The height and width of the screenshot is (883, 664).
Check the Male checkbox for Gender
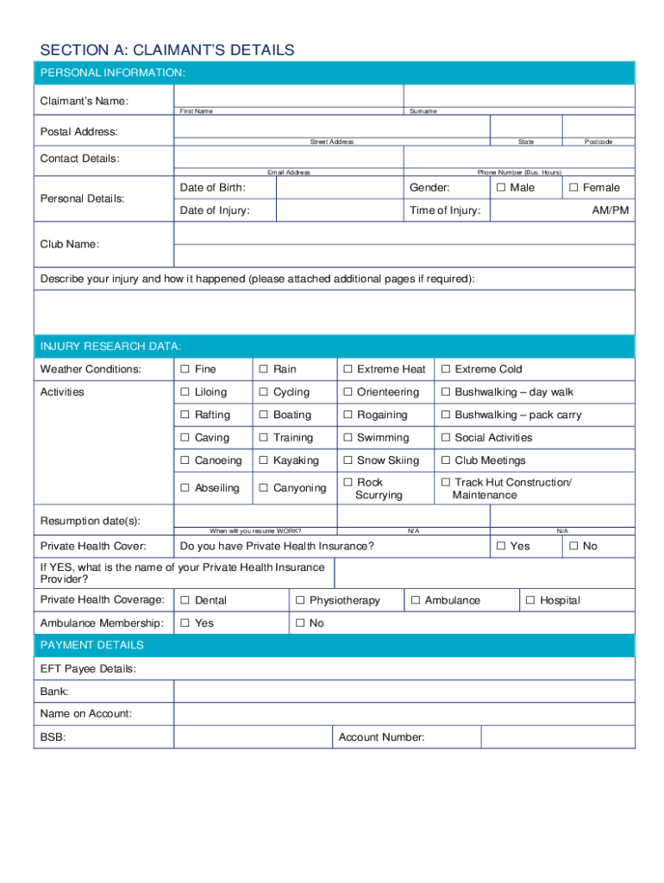coord(501,188)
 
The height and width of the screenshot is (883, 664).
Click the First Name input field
coord(288,96)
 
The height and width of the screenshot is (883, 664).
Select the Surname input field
coord(518,96)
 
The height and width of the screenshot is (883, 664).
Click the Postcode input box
coord(598,127)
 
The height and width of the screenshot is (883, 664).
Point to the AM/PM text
coord(610,211)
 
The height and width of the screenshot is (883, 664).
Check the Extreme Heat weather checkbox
coord(348,370)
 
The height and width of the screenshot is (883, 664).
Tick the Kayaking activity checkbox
coord(265,461)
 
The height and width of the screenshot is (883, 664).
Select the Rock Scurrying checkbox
coord(348,483)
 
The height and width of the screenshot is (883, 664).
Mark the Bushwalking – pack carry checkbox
coord(447,416)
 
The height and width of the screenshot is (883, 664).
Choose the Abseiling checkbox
coord(185,488)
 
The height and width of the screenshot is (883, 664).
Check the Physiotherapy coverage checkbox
coord(301,601)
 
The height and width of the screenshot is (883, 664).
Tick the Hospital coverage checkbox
coord(531,601)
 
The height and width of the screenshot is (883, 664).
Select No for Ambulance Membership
coord(301,623)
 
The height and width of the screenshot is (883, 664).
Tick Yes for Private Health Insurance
coord(502,547)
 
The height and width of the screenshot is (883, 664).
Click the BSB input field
coord(253,737)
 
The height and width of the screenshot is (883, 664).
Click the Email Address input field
coord(288,157)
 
